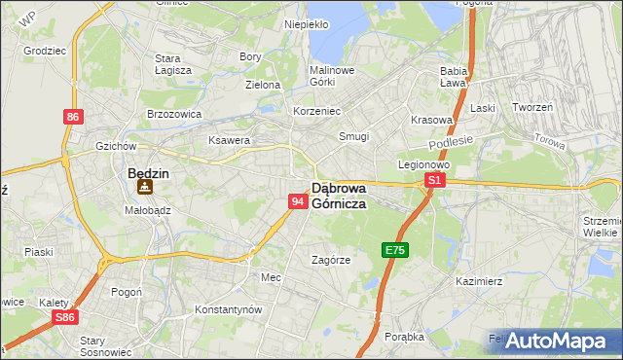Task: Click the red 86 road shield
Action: (x=73, y=117)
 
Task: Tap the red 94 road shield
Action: (x=298, y=201)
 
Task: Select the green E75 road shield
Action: (x=394, y=250)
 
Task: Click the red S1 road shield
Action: (x=435, y=180)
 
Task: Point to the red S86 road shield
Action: (x=65, y=317)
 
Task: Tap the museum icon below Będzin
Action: (x=144, y=188)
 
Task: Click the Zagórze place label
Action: (x=331, y=260)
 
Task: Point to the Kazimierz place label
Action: (x=478, y=281)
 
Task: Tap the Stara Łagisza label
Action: (x=173, y=64)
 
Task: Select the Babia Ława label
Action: (x=455, y=77)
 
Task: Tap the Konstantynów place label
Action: (x=229, y=308)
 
